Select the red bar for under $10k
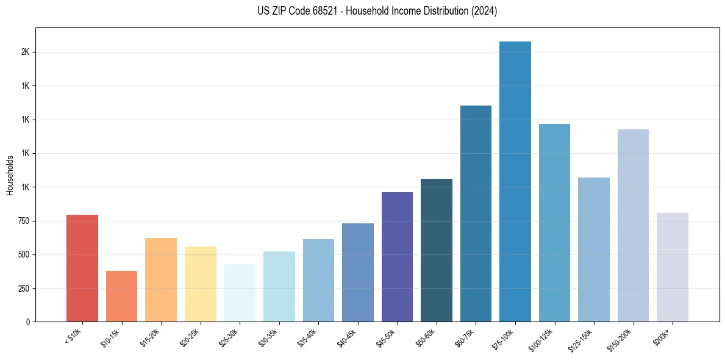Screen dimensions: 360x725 (82, 268)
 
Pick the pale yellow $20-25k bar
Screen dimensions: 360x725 (200, 284)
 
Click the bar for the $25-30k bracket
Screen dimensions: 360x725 (240, 293)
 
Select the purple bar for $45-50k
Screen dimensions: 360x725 (397, 257)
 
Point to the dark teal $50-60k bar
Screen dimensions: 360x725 (436, 250)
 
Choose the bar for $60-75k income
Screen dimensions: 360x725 (476, 214)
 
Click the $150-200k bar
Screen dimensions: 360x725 (633, 225)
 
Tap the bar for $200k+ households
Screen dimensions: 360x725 (672, 267)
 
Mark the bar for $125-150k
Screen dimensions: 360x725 (593, 250)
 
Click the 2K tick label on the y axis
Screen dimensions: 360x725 (25, 52)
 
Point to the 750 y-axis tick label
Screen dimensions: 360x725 (23, 221)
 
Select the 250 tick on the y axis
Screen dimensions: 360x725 (23, 288)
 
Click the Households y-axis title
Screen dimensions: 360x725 (10, 175)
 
